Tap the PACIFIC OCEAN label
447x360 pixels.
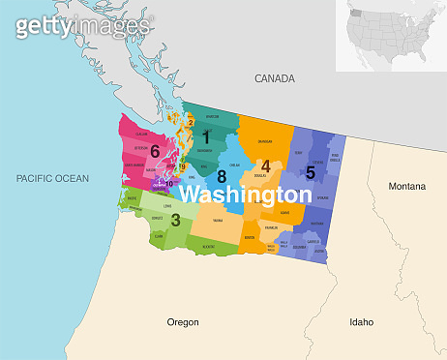click(52, 178)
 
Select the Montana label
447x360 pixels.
click(407, 185)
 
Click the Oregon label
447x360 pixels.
click(183, 321)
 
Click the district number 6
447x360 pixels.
click(154, 150)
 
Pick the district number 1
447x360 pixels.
click(205, 138)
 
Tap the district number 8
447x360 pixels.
click(222, 176)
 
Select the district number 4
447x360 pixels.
click(265, 166)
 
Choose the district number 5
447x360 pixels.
click(310, 172)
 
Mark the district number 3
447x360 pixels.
click(175, 220)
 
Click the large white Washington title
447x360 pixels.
click(246, 195)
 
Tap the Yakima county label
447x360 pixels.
click(219, 221)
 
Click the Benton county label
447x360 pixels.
click(251, 237)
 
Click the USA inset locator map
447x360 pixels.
click(390, 36)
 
